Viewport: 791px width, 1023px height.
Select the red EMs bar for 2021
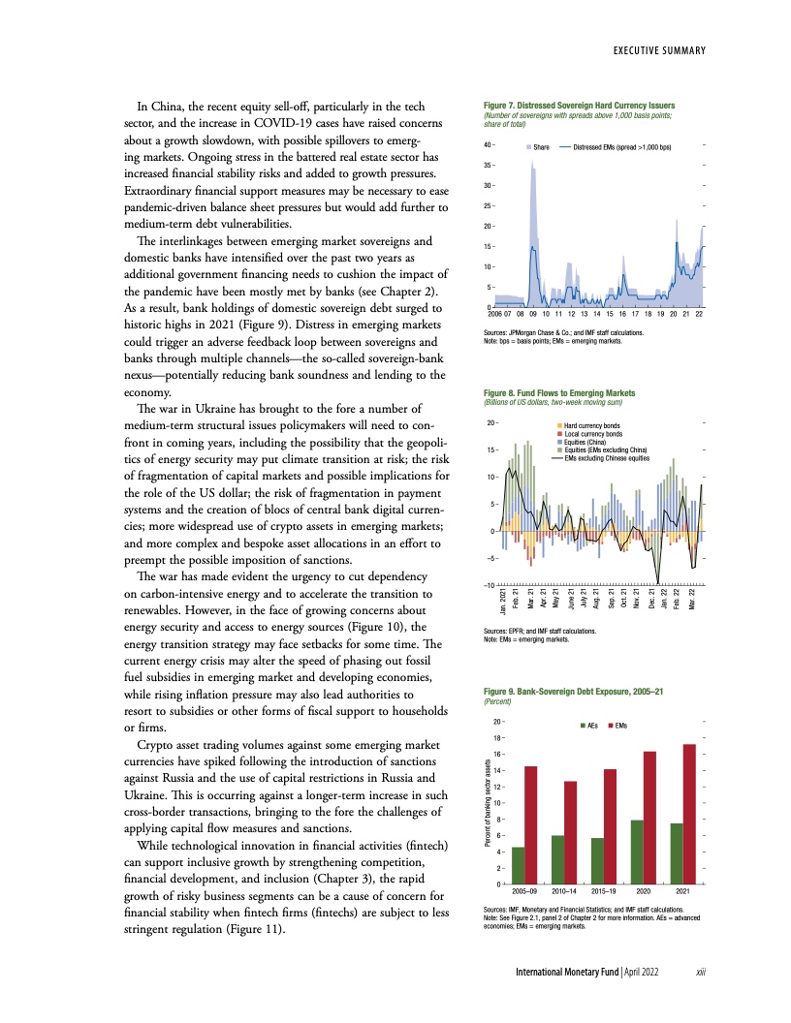coord(688,814)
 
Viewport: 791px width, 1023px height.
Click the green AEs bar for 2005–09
coord(518,865)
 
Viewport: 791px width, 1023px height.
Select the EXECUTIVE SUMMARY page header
coord(657,50)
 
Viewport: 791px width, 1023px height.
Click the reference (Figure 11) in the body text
coord(249,929)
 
